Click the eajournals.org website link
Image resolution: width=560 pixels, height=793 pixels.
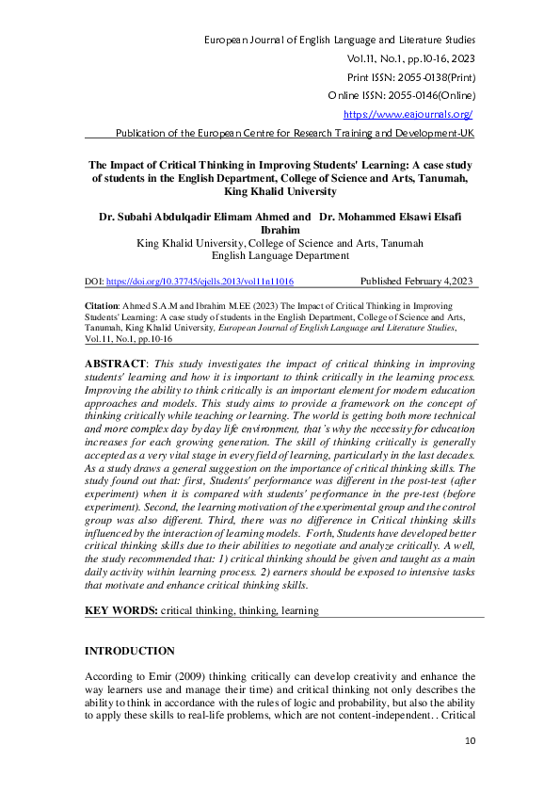(408, 114)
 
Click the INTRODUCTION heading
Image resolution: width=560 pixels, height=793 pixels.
(130, 651)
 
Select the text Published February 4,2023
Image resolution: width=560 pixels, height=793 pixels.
(418, 282)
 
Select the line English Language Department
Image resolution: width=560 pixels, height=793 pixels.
(280, 255)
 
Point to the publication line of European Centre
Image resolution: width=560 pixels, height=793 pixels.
(294, 134)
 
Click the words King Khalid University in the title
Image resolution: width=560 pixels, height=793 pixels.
(280, 191)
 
